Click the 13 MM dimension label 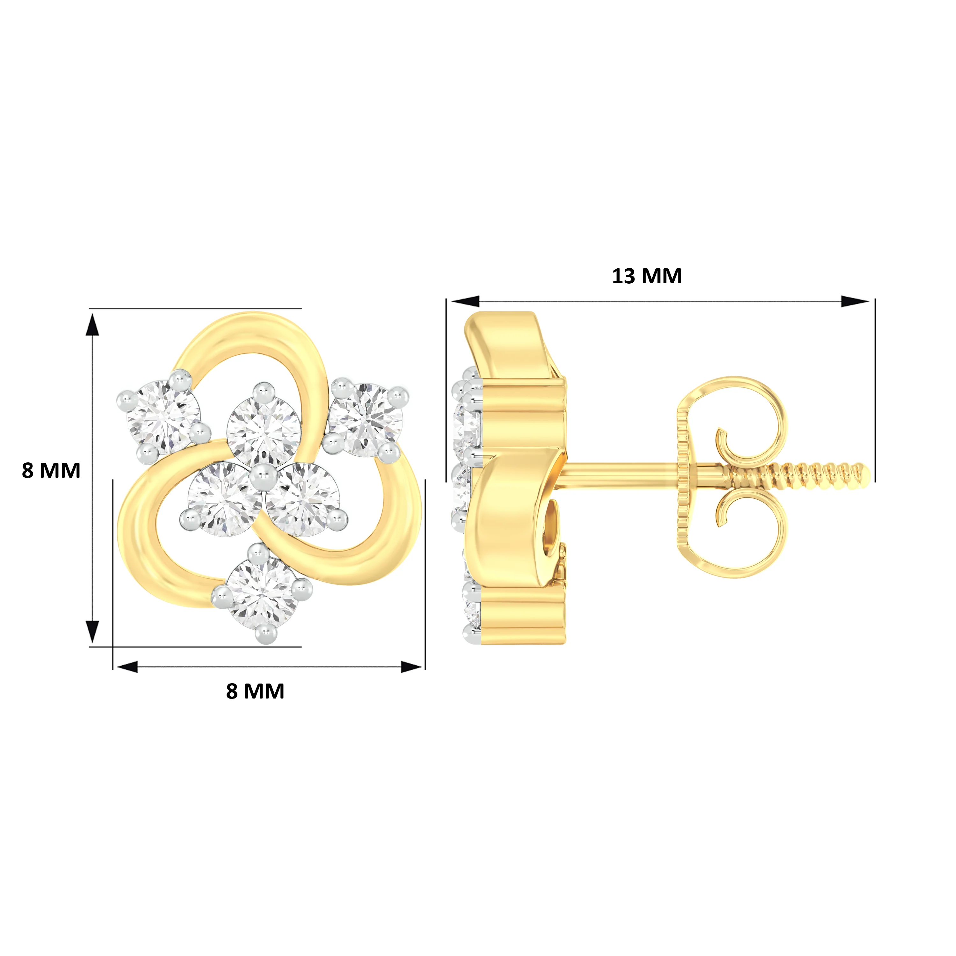tap(647, 276)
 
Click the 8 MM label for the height tap(51, 471)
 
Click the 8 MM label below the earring tap(255, 691)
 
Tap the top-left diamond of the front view tap(163, 416)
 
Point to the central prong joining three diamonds tap(262, 480)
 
